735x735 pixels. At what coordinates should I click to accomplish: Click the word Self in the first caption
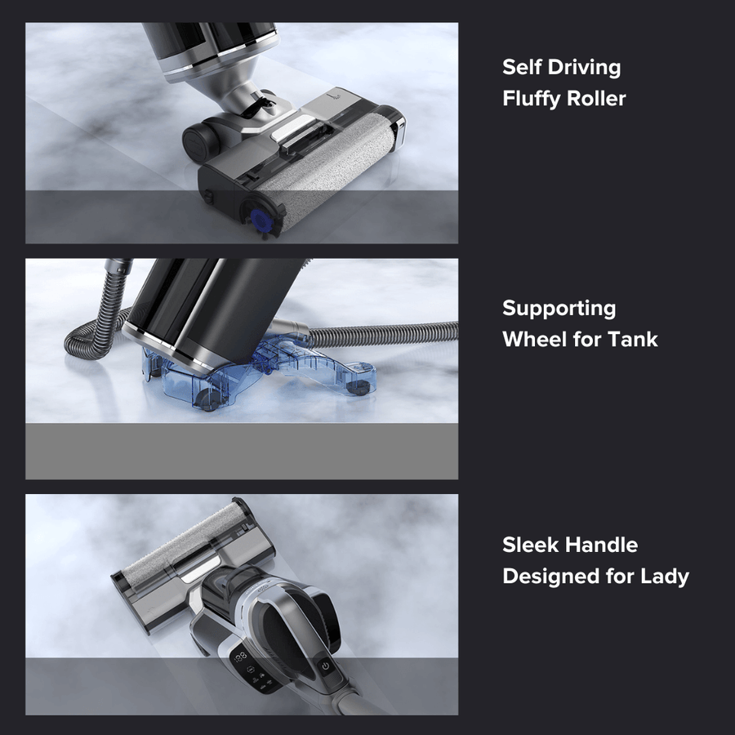(x=521, y=67)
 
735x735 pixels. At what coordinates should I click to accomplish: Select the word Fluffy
(x=531, y=99)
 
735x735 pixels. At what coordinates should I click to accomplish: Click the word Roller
(x=596, y=99)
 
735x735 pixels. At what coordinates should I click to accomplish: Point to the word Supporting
(x=559, y=310)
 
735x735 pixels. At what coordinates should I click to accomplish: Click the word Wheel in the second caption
(x=534, y=340)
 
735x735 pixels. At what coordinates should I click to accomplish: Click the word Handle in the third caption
(x=601, y=546)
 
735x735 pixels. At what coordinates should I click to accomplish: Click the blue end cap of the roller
(x=260, y=220)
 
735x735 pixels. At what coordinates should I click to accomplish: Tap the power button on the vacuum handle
(x=325, y=665)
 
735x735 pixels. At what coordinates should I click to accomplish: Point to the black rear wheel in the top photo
(x=200, y=139)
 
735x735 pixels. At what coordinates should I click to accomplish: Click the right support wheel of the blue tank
(x=359, y=387)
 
